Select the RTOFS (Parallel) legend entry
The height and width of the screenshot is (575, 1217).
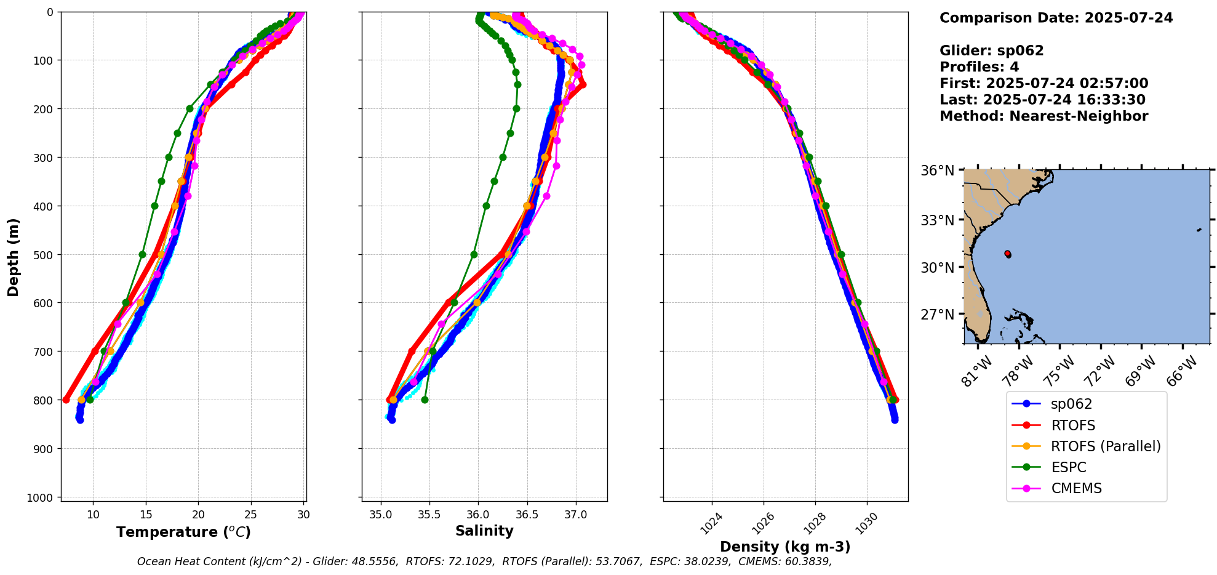click(x=1105, y=446)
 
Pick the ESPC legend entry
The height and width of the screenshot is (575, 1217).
click(x=1068, y=467)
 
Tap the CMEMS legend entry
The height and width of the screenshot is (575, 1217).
click(x=1076, y=488)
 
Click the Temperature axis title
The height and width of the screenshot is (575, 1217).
click(x=183, y=532)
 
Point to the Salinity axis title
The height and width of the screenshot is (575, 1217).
click(x=484, y=531)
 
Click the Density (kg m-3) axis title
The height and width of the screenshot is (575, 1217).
click(x=785, y=547)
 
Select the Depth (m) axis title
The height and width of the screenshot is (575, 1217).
click(x=14, y=257)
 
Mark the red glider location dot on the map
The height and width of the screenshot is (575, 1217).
click(x=1007, y=254)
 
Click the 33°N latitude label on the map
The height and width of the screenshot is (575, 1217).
click(x=937, y=220)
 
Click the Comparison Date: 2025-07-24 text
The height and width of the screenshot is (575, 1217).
click(x=1056, y=18)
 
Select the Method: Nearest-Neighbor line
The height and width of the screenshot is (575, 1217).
click(x=1043, y=116)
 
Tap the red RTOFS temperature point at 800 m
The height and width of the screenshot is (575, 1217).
click(x=66, y=400)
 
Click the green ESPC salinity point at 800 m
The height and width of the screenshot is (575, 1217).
click(x=425, y=400)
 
